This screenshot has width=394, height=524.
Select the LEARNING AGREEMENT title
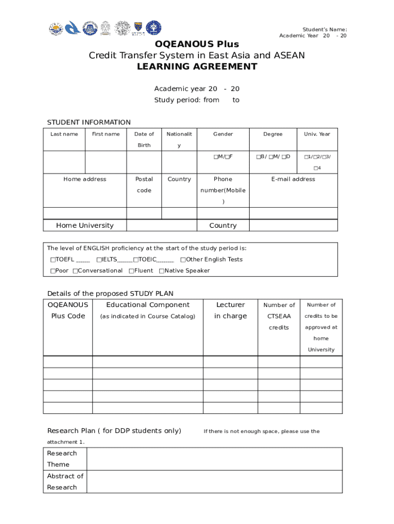(197, 67)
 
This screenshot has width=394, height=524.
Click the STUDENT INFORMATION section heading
(89, 122)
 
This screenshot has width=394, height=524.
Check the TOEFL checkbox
(53, 259)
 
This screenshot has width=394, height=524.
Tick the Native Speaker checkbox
(162, 271)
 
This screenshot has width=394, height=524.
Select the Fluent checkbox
(132, 271)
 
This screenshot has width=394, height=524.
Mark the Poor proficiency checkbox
(53, 271)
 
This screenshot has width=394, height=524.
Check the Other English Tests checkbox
(183, 259)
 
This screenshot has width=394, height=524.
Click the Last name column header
(64, 134)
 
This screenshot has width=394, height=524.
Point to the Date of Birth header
(144, 140)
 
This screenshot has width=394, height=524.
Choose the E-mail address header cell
(293, 179)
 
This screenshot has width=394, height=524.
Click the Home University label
(85, 226)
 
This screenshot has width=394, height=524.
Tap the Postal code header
(144, 185)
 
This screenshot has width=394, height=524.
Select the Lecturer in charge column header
(230, 311)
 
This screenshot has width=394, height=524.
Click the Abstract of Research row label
(65, 482)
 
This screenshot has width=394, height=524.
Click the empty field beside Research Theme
(214, 459)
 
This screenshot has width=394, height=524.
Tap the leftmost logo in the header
(55, 28)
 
